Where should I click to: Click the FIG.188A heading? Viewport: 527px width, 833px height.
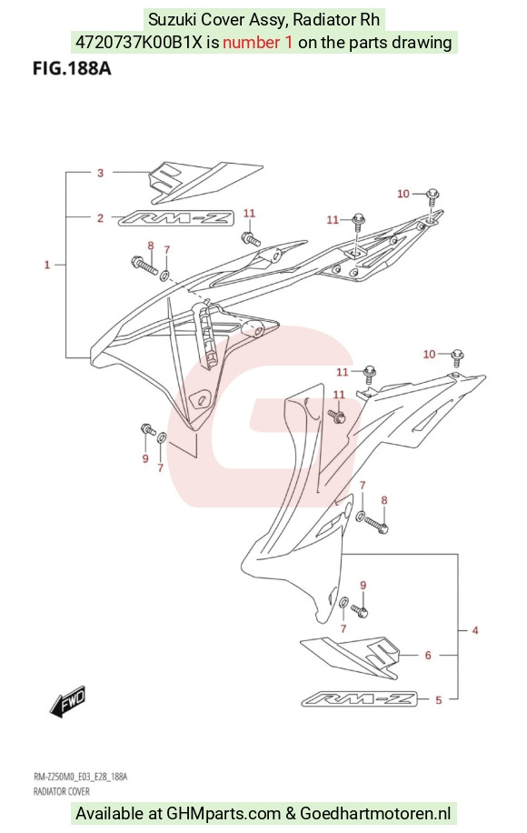(x=72, y=68)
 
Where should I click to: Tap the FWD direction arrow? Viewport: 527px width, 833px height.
(x=67, y=703)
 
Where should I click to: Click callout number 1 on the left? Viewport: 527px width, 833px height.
(x=46, y=265)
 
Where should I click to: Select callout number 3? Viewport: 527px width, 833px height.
(x=100, y=173)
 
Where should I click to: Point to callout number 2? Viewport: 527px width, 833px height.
(x=100, y=218)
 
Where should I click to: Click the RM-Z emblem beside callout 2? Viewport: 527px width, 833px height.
(x=175, y=218)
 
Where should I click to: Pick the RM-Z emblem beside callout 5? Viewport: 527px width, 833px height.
(x=359, y=699)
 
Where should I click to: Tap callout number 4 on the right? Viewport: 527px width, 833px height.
(x=475, y=630)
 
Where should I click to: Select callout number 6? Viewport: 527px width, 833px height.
(x=428, y=655)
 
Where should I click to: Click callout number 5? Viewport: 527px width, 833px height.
(x=438, y=700)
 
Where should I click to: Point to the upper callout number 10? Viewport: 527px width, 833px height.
(x=403, y=194)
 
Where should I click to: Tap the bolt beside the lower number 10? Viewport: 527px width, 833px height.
(x=457, y=357)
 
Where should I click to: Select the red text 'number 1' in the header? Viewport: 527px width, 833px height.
(x=257, y=42)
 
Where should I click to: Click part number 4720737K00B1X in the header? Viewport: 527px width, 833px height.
(x=139, y=42)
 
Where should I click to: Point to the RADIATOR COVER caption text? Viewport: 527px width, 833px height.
(x=62, y=791)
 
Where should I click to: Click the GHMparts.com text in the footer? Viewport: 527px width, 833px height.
(x=224, y=813)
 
